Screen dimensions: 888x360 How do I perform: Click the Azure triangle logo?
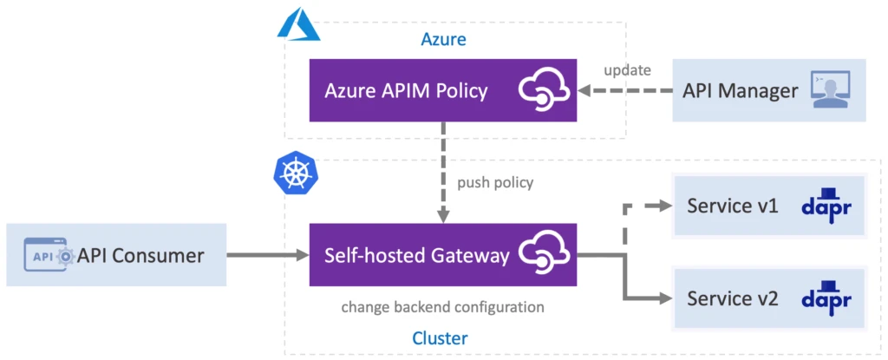tap(298, 27)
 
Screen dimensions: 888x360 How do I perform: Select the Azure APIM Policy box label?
tap(406, 91)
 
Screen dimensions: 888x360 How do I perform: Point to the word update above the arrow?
tap(627, 71)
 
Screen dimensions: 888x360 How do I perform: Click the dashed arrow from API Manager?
tap(624, 90)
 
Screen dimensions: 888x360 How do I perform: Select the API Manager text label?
tap(741, 91)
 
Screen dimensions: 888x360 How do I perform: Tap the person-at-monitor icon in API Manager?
tap(831, 89)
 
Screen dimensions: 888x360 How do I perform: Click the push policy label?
tap(495, 183)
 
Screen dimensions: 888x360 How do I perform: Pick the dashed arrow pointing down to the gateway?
tap(443, 173)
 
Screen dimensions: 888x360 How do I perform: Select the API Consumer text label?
tap(140, 256)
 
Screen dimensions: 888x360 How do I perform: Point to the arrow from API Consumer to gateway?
tap(267, 256)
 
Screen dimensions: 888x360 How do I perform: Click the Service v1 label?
tap(732, 206)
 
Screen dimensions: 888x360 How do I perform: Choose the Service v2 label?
tap(732, 298)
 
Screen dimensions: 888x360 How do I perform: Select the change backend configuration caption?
tap(443, 308)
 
